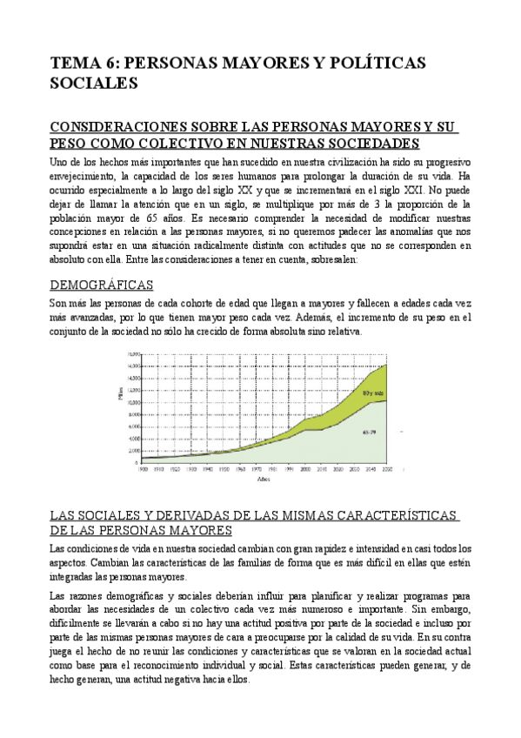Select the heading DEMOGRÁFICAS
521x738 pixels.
[102, 285]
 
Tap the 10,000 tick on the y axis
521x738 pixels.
[133, 402]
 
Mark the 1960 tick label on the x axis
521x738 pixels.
[240, 468]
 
